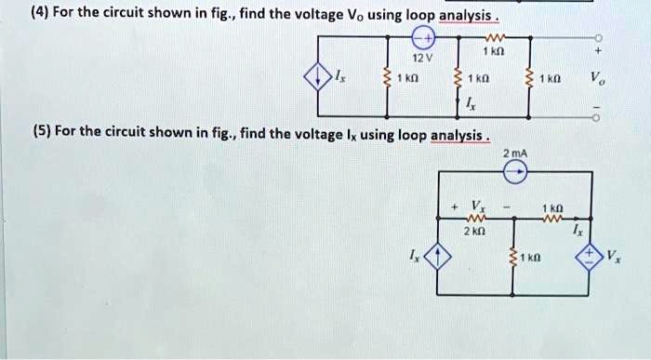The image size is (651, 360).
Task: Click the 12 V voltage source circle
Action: click(x=423, y=38)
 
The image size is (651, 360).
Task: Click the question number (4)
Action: click(x=15, y=12)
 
